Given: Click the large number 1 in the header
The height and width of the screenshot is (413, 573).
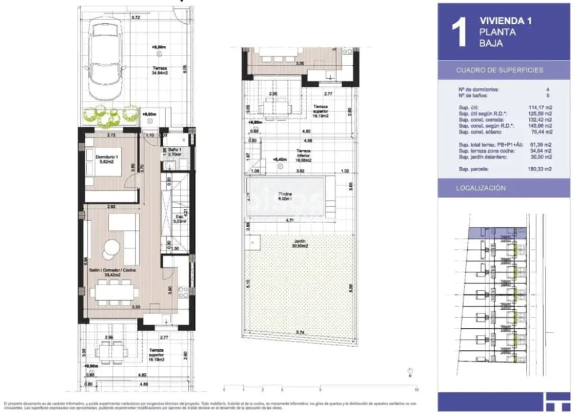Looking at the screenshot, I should click(x=459, y=33).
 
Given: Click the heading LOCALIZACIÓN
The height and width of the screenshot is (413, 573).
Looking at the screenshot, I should click(x=480, y=188).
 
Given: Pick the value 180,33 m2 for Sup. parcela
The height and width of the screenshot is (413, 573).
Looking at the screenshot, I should click(x=540, y=169).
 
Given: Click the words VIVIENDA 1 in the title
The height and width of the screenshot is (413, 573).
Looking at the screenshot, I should click(x=505, y=20).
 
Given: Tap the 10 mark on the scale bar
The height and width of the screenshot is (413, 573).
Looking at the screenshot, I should click(x=416, y=389).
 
